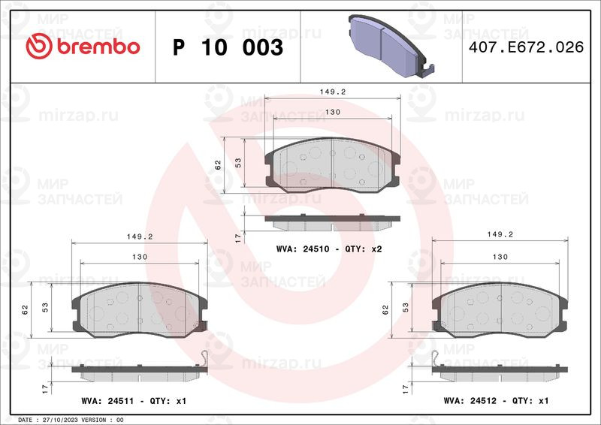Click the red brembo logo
click(x=83, y=47)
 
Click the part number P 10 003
click(x=228, y=47)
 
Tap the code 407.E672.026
click(x=527, y=47)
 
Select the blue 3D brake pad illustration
click(x=391, y=46)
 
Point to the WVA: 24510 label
click(x=303, y=249)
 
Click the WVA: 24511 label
click(x=107, y=401)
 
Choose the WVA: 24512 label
click(x=470, y=400)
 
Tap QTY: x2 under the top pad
click(x=364, y=249)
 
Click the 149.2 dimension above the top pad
click(x=333, y=92)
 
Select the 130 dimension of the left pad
click(x=140, y=257)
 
